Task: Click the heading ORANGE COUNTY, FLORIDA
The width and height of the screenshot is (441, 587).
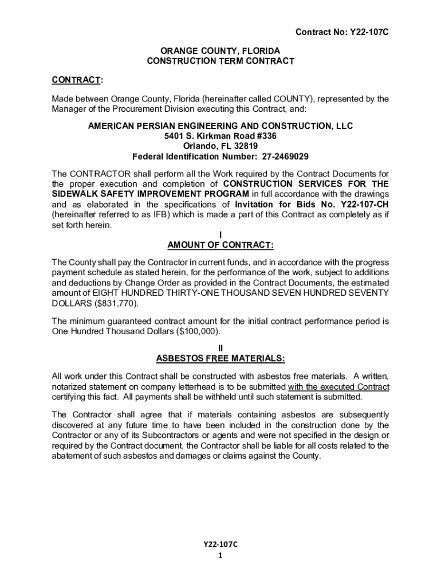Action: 220,50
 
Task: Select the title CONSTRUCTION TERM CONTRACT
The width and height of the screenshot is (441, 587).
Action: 220,61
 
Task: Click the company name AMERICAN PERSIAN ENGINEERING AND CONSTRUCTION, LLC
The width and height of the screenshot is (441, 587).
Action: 220,126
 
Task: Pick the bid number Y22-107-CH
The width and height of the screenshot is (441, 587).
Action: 365,204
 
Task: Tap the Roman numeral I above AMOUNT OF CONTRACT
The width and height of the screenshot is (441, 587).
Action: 220,235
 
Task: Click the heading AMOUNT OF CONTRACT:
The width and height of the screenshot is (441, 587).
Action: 220,245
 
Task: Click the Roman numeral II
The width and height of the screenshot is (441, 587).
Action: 220,348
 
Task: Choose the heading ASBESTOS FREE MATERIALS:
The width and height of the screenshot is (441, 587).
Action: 220,358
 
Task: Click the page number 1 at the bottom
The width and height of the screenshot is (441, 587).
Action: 220,555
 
